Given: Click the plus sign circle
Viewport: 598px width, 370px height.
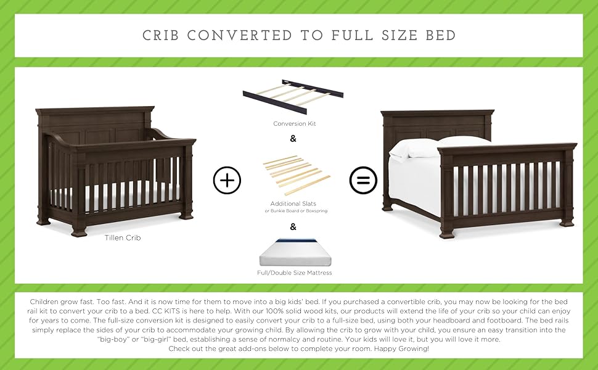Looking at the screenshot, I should [x=227, y=180].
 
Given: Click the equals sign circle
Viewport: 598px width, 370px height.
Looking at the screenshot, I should [x=363, y=180].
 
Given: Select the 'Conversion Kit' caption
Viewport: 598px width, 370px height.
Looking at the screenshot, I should [x=293, y=124].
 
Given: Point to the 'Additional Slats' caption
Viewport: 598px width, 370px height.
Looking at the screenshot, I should [x=293, y=203].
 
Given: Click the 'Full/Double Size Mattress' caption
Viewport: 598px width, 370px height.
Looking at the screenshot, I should [x=294, y=272].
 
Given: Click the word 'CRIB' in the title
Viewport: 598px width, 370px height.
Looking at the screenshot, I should [x=162, y=35].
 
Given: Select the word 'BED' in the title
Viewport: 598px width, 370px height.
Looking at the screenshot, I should [x=440, y=35].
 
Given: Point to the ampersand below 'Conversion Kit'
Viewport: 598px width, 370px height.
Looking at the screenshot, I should [x=293, y=139].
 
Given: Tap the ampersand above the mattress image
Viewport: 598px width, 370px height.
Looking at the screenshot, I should [x=293, y=226].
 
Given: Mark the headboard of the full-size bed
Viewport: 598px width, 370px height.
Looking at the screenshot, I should [x=437, y=123].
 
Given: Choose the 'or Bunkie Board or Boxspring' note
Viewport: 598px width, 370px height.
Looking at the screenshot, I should [x=293, y=211].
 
